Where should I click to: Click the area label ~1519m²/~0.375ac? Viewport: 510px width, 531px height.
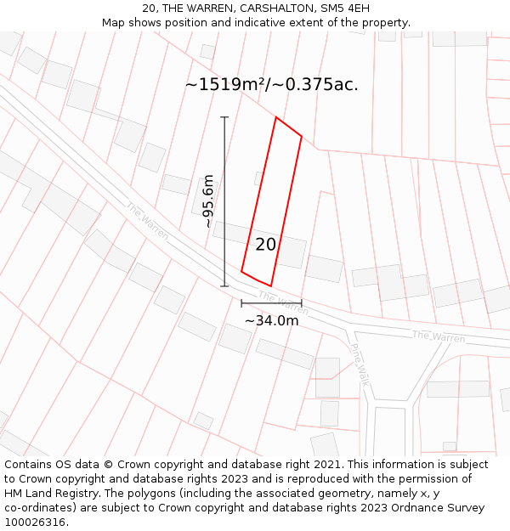click(271, 84)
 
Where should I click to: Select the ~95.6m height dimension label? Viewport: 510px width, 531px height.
click(208, 201)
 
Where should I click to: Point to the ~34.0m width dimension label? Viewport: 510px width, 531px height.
click(271, 320)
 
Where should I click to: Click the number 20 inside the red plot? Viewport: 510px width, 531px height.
click(265, 245)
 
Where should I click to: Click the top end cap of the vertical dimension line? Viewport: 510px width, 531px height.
click(224, 117)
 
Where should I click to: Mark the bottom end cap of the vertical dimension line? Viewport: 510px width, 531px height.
click(224, 286)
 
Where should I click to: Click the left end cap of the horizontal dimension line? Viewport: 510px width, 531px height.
click(241, 303)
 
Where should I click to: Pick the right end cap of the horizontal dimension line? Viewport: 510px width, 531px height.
click(301, 303)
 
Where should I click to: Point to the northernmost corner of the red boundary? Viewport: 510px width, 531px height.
click(275, 117)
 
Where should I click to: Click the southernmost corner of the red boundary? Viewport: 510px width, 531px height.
click(270, 286)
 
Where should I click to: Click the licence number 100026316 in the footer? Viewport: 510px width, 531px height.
click(35, 523)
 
